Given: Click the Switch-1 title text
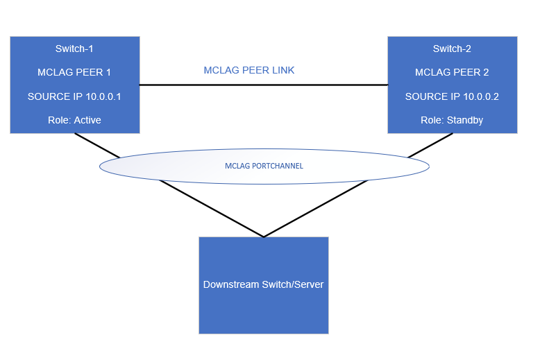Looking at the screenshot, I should [x=74, y=49].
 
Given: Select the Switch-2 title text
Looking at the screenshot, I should [x=452, y=49].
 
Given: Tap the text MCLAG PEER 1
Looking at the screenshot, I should [x=74, y=72].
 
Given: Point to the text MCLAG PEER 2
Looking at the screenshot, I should [x=452, y=72].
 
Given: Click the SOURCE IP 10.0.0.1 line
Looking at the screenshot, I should [x=74, y=96].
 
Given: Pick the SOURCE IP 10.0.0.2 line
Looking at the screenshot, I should [x=452, y=96].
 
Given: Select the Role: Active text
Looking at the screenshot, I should [x=74, y=120].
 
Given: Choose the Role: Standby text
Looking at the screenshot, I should [x=452, y=120].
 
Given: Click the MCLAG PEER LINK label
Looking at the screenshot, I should [x=249, y=71].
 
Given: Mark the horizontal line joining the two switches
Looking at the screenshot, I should [x=264, y=85].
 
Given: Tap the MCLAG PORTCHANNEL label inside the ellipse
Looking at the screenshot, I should [x=264, y=166].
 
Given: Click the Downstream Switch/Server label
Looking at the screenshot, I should [x=263, y=284].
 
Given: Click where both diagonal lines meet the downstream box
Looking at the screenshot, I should [x=264, y=237].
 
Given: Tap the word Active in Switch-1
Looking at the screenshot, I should [x=87, y=120].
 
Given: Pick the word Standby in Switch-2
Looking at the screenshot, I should [x=465, y=120].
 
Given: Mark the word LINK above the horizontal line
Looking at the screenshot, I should [x=282, y=71].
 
